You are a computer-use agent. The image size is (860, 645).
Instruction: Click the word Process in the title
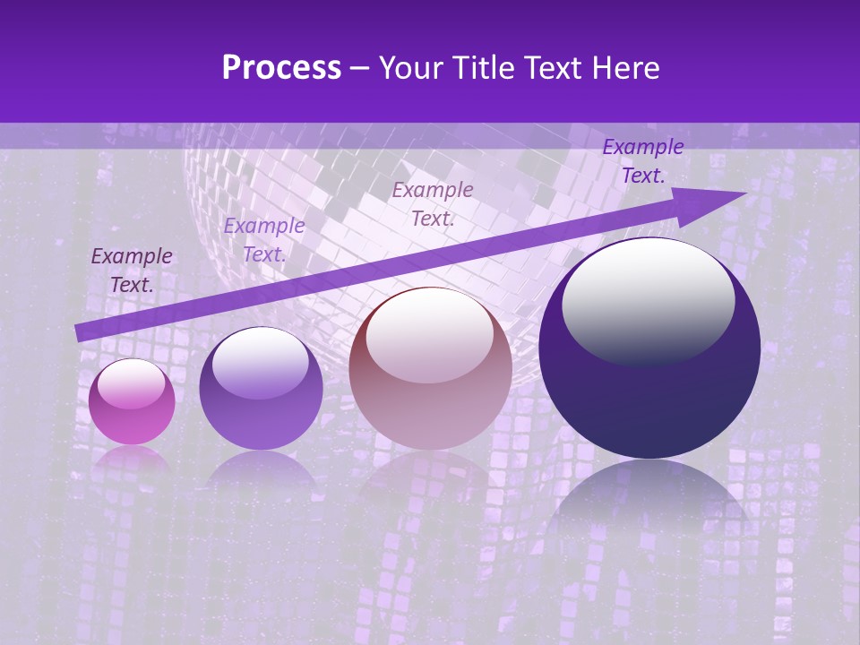coord(281,68)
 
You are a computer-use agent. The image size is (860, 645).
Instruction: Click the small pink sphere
coord(132,401)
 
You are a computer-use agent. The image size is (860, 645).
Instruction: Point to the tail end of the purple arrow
coord(79,333)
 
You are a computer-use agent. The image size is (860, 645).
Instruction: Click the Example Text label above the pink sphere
coord(132,270)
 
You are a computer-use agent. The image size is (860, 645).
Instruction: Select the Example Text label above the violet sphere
coord(263,240)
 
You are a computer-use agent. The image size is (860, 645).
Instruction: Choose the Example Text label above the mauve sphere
coord(433,203)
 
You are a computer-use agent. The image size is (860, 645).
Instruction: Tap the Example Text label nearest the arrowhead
coord(642,161)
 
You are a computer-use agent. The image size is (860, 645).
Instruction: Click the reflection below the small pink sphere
coord(132,459)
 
